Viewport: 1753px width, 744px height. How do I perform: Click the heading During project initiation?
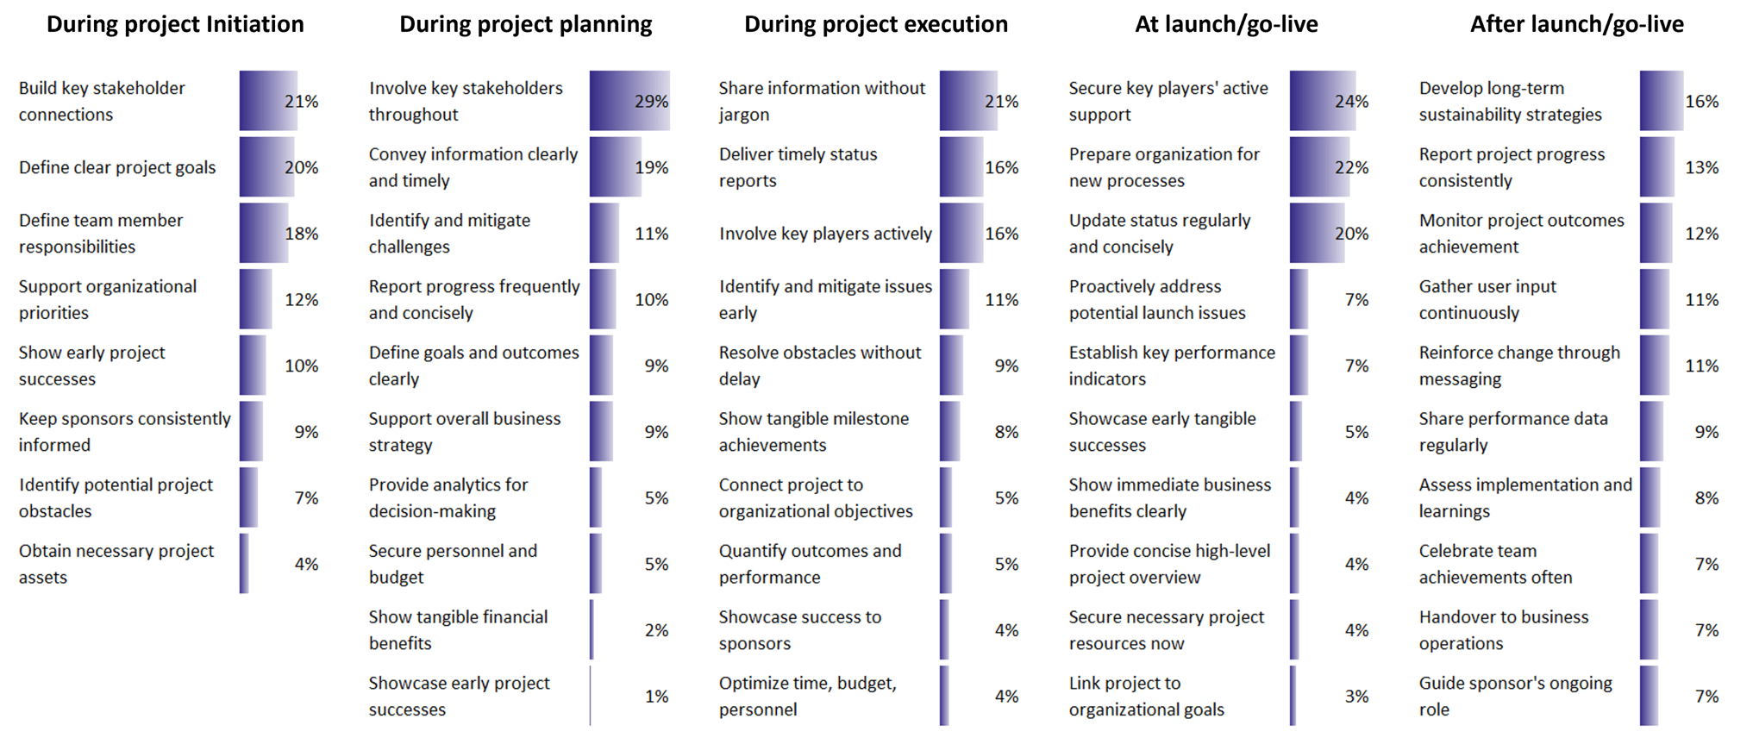pos(175,24)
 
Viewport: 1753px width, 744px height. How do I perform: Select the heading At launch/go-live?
pos(1226,24)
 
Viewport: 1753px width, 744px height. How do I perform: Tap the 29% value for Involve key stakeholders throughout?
pos(651,102)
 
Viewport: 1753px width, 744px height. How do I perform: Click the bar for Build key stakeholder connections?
pos(267,101)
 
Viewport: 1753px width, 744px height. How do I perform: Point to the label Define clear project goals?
pos(117,167)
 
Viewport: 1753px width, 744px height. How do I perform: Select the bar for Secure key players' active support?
pos(1321,101)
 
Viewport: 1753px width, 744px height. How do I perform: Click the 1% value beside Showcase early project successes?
pos(656,697)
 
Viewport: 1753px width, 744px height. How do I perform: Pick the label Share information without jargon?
pos(821,101)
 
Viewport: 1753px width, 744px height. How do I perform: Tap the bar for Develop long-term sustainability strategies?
pos(1661,101)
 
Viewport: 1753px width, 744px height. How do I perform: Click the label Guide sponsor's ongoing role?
pos(1515,697)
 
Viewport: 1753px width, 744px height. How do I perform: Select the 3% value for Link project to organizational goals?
pos(1356,697)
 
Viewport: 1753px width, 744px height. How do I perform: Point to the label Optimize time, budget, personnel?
pos(807,697)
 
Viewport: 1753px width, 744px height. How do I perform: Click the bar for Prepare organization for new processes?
pos(1318,167)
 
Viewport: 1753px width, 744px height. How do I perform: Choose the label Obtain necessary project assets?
pos(116,564)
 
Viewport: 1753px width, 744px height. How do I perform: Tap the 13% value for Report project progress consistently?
pos(1701,167)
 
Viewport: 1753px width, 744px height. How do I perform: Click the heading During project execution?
pos(876,24)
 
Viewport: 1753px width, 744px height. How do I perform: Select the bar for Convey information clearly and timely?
pos(615,167)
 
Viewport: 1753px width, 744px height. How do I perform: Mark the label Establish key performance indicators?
pos(1171,366)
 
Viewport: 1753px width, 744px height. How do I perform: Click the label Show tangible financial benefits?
pos(458,630)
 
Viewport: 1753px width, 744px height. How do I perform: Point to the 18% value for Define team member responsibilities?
pos(302,234)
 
